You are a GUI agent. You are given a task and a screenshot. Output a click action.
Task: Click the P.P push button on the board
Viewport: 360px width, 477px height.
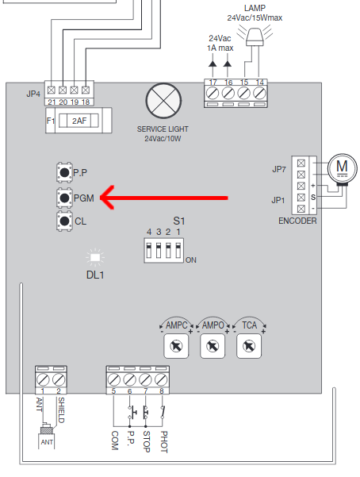pyautogui.click(x=64, y=172)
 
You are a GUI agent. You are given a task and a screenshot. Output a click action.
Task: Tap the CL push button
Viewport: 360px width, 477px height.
pyautogui.click(x=64, y=221)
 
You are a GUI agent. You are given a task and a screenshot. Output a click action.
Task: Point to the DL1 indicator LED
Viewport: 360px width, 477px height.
pyautogui.click(x=95, y=258)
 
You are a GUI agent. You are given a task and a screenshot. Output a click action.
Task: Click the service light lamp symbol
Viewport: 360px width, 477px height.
pyautogui.click(x=163, y=101)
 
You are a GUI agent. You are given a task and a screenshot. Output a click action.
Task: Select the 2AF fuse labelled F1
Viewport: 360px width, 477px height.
pyautogui.click(x=79, y=121)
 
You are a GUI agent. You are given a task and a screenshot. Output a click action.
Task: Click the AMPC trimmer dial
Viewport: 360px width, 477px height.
pyautogui.click(x=176, y=346)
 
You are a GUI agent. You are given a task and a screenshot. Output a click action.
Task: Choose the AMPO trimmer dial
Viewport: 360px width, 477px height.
pyautogui.click(x=213, y=346)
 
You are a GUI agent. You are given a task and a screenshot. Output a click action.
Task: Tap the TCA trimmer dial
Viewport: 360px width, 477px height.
pyautogui.click(x=249, y=346)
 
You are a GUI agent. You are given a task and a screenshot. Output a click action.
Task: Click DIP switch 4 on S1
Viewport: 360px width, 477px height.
pyautogui.click(x=149, y=250)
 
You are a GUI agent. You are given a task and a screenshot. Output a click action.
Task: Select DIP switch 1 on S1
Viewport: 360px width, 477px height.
pyautogui.click(x=178, y=250)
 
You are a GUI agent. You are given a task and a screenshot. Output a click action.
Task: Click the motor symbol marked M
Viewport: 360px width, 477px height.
pyautogui.click(x=342, y=168)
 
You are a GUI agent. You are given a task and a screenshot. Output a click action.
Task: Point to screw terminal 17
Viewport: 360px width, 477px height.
pyautogui.click(x=213, y=93)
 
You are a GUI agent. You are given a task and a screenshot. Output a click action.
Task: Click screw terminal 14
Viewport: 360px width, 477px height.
pyautogui.click(x=259, y=93)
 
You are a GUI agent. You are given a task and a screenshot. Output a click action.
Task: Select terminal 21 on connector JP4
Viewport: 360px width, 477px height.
pyautogui.click(x=51, y=90)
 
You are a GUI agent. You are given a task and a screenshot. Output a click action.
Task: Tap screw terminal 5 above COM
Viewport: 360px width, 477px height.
pyautogui.click(x=113, y=379)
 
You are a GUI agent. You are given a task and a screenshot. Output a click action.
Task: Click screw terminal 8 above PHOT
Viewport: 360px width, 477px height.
pyautogui.click(x=161, y=379)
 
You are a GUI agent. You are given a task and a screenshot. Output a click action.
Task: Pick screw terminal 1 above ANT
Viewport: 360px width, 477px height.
pyautogui.click(x=43, y=379)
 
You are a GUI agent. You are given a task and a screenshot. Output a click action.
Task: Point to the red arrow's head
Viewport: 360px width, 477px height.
pyautogui.click(x=101, y=198)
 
